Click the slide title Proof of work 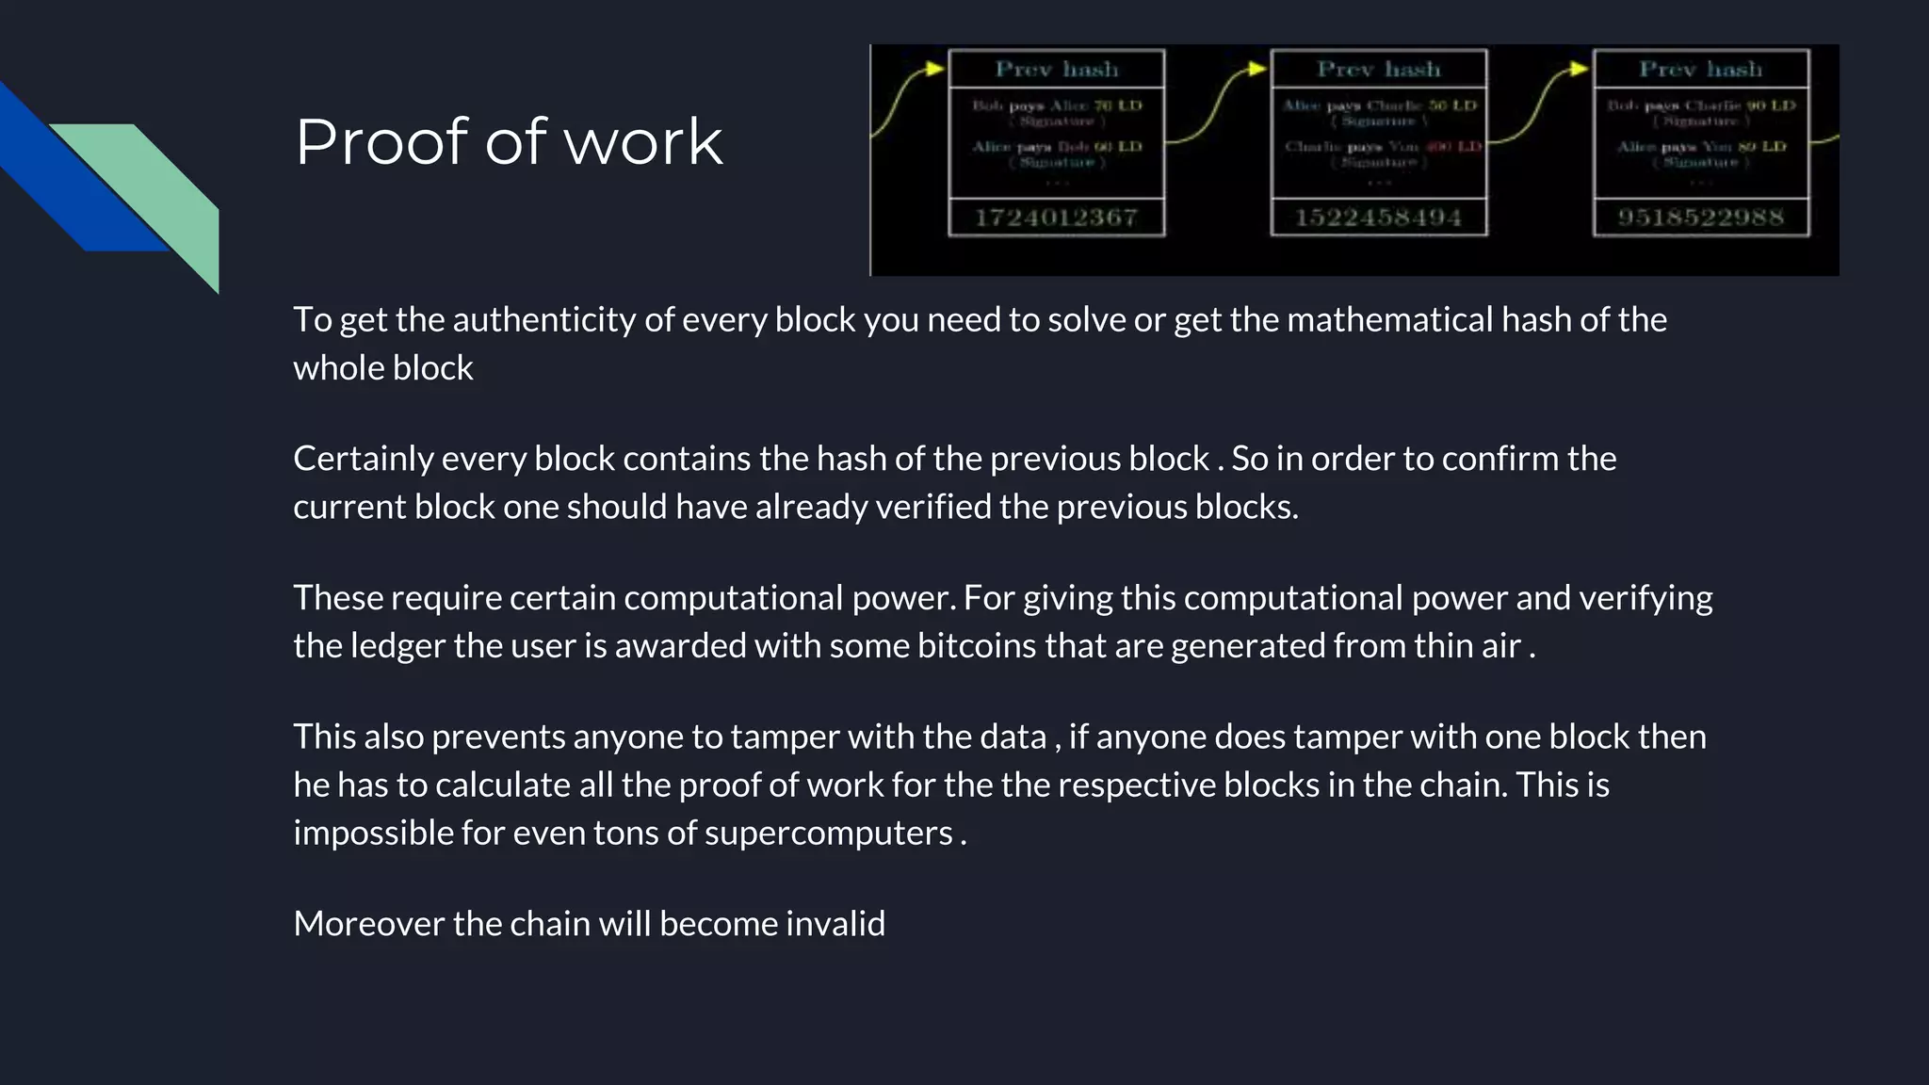[x=509, y=142]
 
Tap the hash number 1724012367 [x=1056, y=218]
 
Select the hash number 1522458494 [x=1378, y=218]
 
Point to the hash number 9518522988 [x=1701, y=218]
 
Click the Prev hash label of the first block [x=1056, y=69]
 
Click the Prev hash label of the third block [x=1701, y=69]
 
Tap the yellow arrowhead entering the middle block [x=1257, y=68]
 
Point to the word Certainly [x=363, y=459]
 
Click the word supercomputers [x=828, y=834]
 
